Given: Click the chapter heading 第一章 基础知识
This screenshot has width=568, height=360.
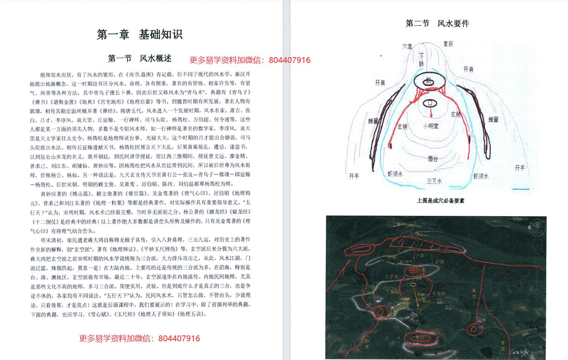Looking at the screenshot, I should pyautogui.click(x=140, y=35).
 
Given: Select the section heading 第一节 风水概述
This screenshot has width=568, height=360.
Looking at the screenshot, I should pyautogui.click(x=140, y=58).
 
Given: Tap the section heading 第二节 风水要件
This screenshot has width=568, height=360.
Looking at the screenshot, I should pyautogui.click(x=437, y=23).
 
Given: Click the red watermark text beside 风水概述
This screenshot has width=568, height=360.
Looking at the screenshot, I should pyautogui.click(x=250, y=60).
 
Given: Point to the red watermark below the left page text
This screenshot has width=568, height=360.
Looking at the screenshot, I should pyautogui.click(x=140, y=338).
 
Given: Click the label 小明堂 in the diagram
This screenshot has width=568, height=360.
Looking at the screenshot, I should pyautogui.click(x=430, y=125).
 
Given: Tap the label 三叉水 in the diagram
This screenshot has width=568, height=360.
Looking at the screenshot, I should pyautogui.click(x=434, y=181).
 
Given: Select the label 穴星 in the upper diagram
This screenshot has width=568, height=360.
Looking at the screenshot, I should pyautogui.click(x=407, y=46).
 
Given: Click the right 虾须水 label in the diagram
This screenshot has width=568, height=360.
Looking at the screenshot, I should pyautogui.click(x=480, y=176).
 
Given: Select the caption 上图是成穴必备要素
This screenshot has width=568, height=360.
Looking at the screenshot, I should pyautogui.click(x=440, y=200).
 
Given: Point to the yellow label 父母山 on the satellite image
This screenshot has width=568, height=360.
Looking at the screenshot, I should pyautogui.click(x=417, y=235).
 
